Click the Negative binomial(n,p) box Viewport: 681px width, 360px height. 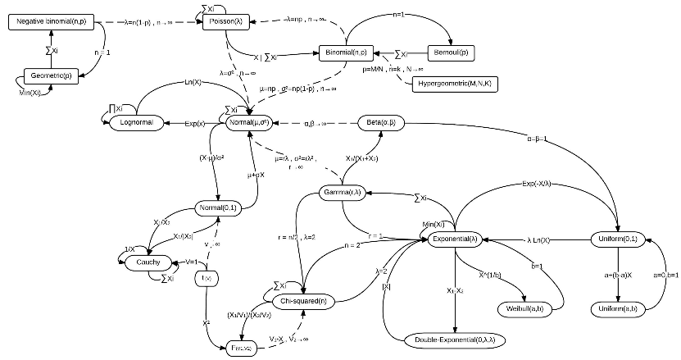[x=52, y=22]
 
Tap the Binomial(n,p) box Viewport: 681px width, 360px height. [x=345, y=52]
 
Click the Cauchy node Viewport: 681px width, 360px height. [x=149, y=262]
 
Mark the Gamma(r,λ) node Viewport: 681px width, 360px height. [x=342, y=193]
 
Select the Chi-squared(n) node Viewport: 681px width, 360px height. [x=302, y=302]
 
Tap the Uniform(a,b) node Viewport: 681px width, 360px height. [x=621, y=308]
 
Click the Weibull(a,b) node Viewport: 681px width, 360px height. [x=522, y=308]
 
